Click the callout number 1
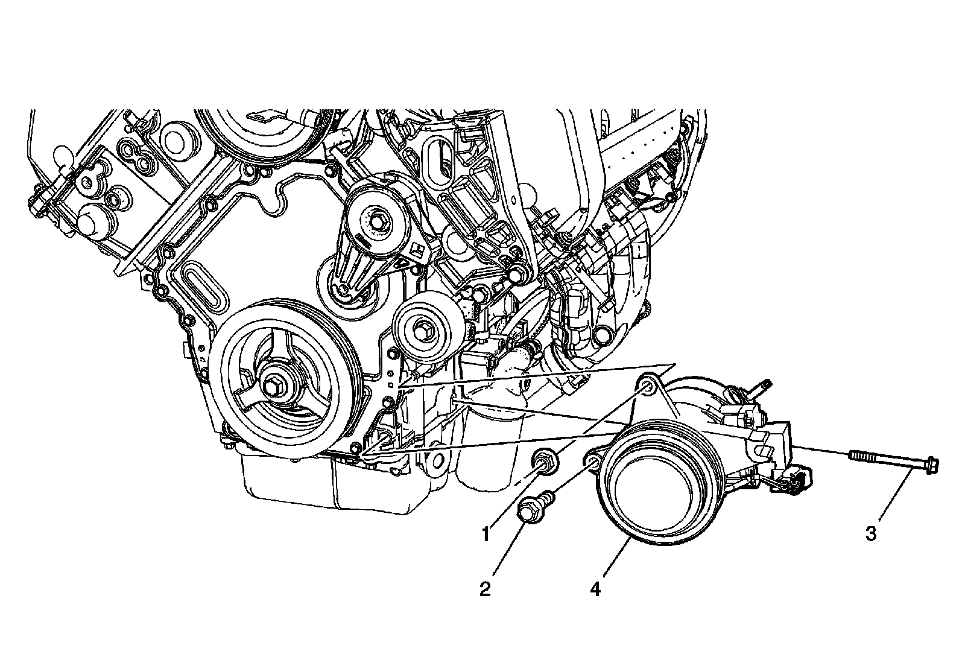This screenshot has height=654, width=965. pyautogui.click(x=486, y=535)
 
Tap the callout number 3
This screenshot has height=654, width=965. pyautogui.click(x=871, y=534)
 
